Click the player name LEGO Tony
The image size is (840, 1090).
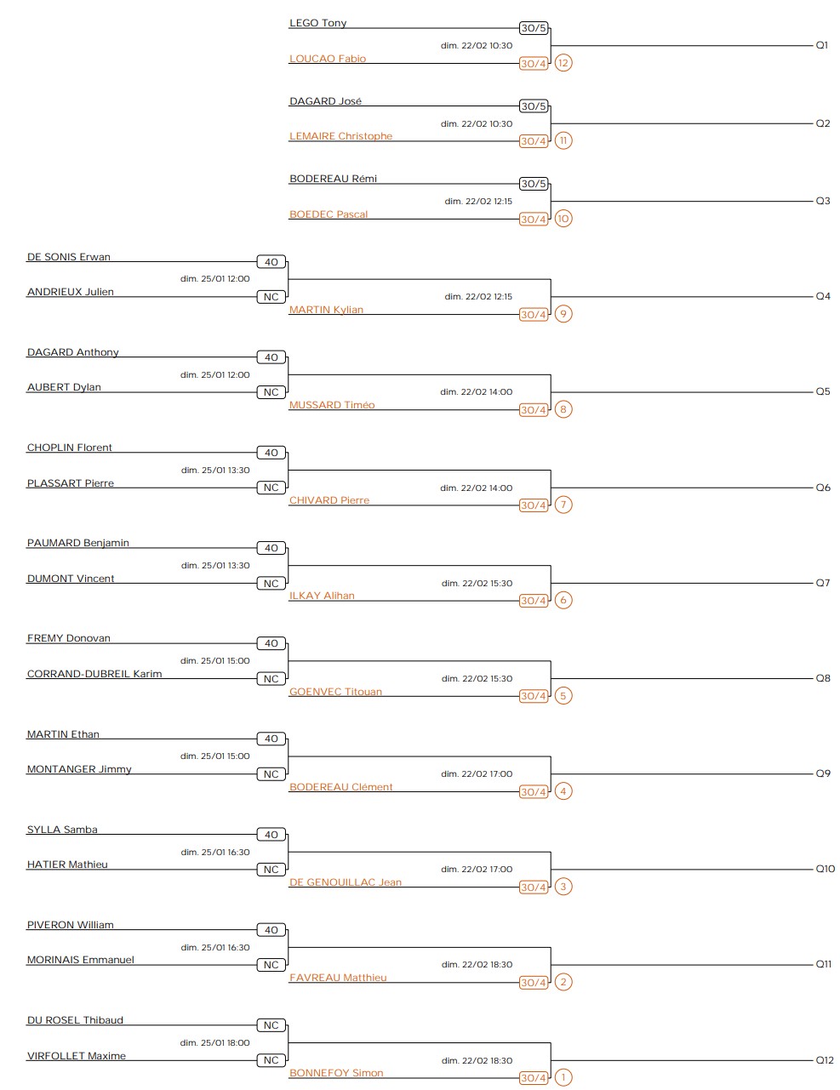pyautogui.click(x=317, y=23)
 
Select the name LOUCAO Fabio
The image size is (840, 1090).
pyautogui.click(x=328, y=59)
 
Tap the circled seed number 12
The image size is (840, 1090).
pyautogui.click(x=563, y=63)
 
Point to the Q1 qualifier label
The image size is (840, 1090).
pyautogui.click(x=822, y=45)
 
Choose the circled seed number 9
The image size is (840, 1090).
pyautogui.click(x=563, y=314)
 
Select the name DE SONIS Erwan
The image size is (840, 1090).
pyautogui.click(x=69, y=257)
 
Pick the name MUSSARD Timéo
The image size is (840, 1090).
pyautogui.click(x=332, y=405)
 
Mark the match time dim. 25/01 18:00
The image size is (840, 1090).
pyautogui.click(x=215, y=1042)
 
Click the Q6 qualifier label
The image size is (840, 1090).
pyautogui.click(x=823, y=488)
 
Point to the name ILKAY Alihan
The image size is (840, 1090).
pyautogui.click(x=322, y=596)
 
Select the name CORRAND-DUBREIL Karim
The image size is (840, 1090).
pyautogui.click(x=94, y=674)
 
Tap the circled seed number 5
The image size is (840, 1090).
pyautogui.click(x=563, y=695)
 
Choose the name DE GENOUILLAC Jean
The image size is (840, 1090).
pyautogui.click(x=346, y=882)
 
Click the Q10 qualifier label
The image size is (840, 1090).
pyautogui.click(x=826, y=869)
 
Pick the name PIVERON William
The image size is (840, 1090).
pyautogui.click(x=71, y=925)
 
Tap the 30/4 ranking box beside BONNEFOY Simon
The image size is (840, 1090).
pyautogui.click(x=534, y=1078)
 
